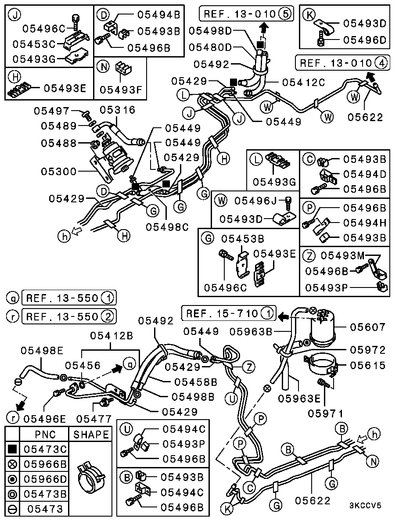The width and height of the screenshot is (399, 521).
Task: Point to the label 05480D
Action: (211, 47)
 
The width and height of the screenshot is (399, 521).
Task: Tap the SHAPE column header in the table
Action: (91, 435)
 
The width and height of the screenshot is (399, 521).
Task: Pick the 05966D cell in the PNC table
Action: (45, 479)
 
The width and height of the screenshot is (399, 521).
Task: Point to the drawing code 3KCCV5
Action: (365, 505)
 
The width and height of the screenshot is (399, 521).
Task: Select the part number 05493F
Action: (121, 90)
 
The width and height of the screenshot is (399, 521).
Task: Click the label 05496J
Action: (255, 201)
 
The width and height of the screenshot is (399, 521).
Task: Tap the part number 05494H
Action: (364, 223)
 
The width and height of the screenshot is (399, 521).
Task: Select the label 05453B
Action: (242, 239)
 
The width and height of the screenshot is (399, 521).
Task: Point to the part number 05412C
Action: (303, 82)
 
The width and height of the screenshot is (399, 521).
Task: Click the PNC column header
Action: (45, 435)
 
